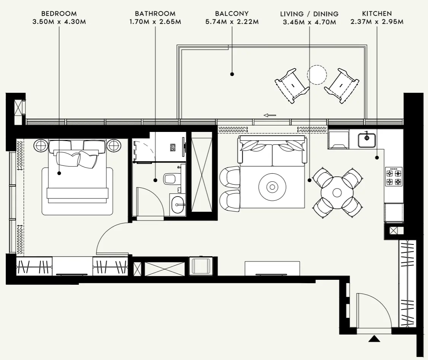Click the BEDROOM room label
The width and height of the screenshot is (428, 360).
point(59,14)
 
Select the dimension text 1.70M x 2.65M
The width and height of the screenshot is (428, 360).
point(155,22)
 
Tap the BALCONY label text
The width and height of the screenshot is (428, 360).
point(232,14)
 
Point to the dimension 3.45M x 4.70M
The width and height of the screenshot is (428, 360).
point(309,22)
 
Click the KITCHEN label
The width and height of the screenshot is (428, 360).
point(377,14)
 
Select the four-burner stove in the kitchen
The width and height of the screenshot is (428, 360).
point(394,176)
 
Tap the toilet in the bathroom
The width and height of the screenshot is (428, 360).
point(172,179)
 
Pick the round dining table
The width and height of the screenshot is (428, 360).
point(337,193)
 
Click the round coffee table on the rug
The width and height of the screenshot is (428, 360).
point(272,187)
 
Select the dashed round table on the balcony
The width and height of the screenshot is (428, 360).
point(317,75)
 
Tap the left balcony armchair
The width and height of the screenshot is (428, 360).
point(292,86)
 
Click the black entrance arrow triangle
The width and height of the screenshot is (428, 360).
point(374,338)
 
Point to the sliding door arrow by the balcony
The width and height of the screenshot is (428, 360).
point(270,115)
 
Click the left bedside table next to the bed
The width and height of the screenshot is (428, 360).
point(41,145)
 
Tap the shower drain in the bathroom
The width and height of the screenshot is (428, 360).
point(173,147)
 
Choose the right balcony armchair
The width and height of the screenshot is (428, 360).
point(341,86)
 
